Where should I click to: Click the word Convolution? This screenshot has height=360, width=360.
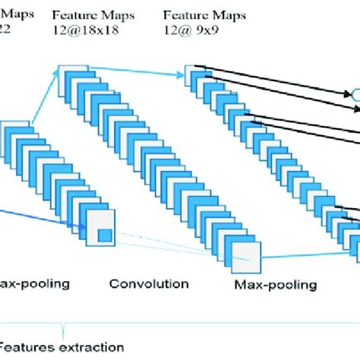pos(149,284)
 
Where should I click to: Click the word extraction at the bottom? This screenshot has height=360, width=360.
pos(93,347)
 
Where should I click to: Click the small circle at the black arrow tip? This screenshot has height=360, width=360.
pos(352,94)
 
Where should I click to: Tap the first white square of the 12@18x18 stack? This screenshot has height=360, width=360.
pos(66,72)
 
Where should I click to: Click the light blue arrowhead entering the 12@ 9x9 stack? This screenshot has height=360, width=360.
pos(182,71)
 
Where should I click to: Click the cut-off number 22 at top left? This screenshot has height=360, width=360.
pos(5,29)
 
